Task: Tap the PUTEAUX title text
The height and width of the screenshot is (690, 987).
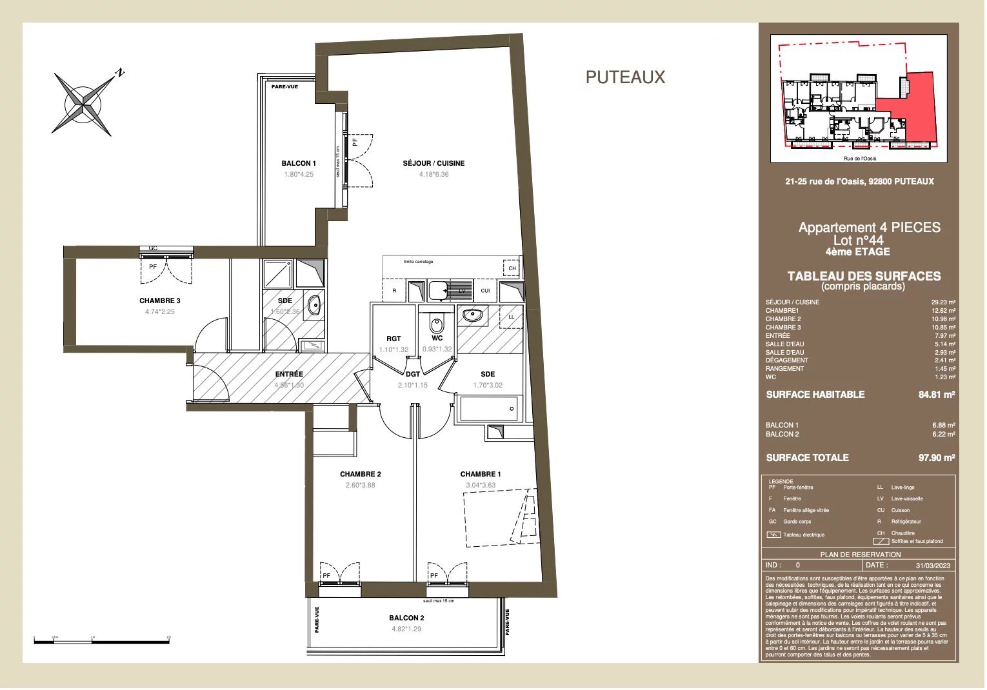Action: (624, 77)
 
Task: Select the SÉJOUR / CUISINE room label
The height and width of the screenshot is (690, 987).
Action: (434, 163)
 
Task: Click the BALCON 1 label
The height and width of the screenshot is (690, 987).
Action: (299, 163)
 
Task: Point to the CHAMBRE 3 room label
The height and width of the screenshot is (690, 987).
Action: (160, 301)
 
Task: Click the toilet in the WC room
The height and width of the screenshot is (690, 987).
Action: (437, 322)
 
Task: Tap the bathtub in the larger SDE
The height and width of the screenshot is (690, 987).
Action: (488, 409)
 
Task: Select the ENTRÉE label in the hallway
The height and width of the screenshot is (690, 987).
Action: (289, 374)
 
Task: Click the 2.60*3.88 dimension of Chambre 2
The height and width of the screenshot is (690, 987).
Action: (360, 485)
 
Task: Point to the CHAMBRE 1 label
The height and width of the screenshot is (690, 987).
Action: (480, 474)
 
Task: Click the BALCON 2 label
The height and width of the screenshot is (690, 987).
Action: (406, 618)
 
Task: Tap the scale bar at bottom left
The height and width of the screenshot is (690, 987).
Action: (101, 641)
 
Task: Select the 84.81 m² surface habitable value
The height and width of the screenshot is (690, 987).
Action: (936, 395)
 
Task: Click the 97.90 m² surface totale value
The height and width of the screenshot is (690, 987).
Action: (936, 458)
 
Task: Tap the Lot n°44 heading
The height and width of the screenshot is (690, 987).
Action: (858, 240)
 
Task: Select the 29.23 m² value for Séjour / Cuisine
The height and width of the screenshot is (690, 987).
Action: (943, 302)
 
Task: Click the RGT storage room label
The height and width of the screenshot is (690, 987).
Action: (394, 339)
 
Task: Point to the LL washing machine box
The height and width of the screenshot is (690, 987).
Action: (512, 317)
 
